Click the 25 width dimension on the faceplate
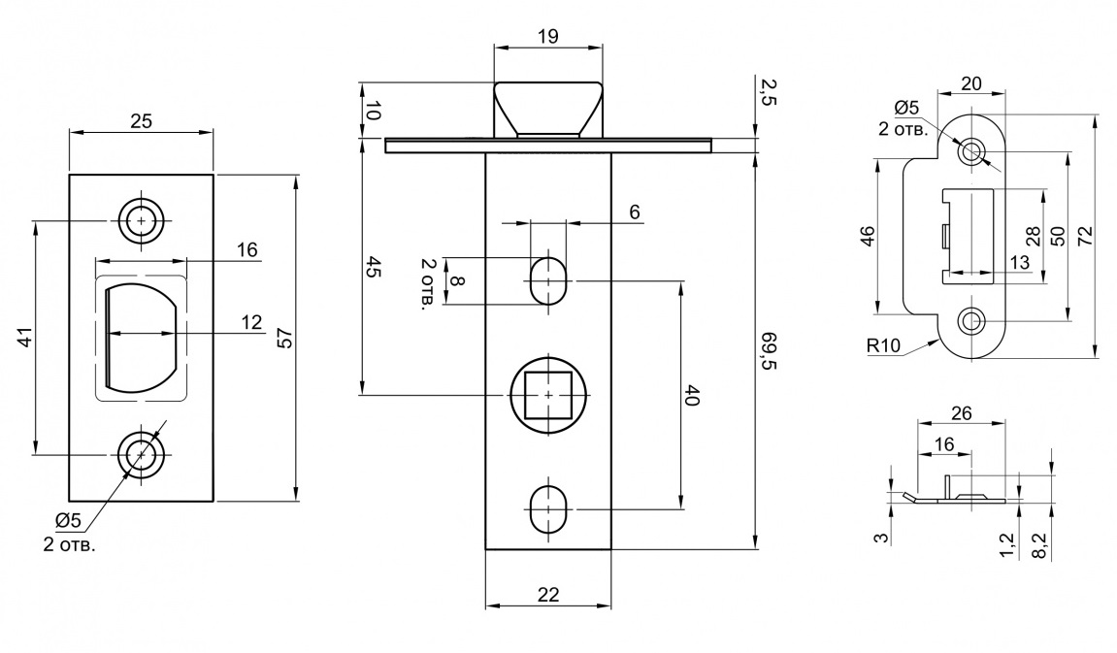tap(141, 121)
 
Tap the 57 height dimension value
tap(284, 339)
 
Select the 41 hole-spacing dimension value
tap(25, 337)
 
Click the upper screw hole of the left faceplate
tap(141, 221)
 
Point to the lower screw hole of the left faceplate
tap(141, 454)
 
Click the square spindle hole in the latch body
tap(547, 395)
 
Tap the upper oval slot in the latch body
tap(547, 280)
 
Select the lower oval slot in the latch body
tap(547, 509)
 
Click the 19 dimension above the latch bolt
tap(548, 36)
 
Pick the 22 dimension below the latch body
tap(548, 594)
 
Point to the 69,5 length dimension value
tap(769, 350)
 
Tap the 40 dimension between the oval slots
tap(691, 395)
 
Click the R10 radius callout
tap(883, 346)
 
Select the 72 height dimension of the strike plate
tap(1085, 236)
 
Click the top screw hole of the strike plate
tap(971, 151)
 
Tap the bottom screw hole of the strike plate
tap(971, 321)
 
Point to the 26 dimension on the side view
tap(961, 413)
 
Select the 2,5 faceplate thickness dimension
tap(768, 92)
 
